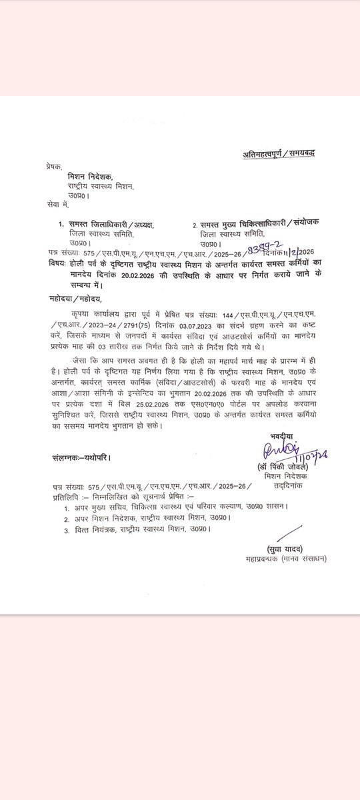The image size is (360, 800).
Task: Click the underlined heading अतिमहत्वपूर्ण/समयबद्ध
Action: pos(278,154)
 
